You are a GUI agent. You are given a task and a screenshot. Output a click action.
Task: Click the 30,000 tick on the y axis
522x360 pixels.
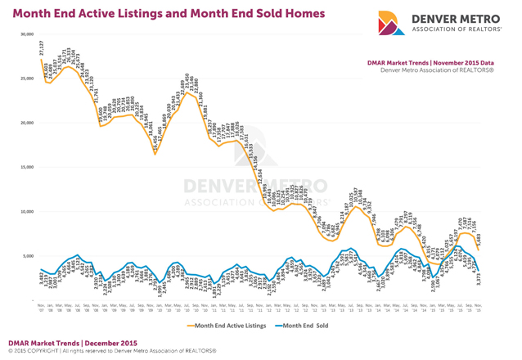(29, 34)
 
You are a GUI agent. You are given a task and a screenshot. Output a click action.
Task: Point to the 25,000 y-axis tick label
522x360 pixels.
(29, 79)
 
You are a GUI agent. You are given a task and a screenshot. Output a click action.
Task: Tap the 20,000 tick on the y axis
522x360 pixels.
(29, 123)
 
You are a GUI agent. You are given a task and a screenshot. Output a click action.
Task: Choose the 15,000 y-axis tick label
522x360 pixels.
(29, 167)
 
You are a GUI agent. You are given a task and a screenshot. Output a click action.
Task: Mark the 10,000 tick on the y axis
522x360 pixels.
(29, 211)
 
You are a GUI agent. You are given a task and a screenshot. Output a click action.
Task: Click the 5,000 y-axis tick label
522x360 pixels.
(30, 255)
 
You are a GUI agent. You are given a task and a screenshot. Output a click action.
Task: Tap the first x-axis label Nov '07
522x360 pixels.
(41, 308)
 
